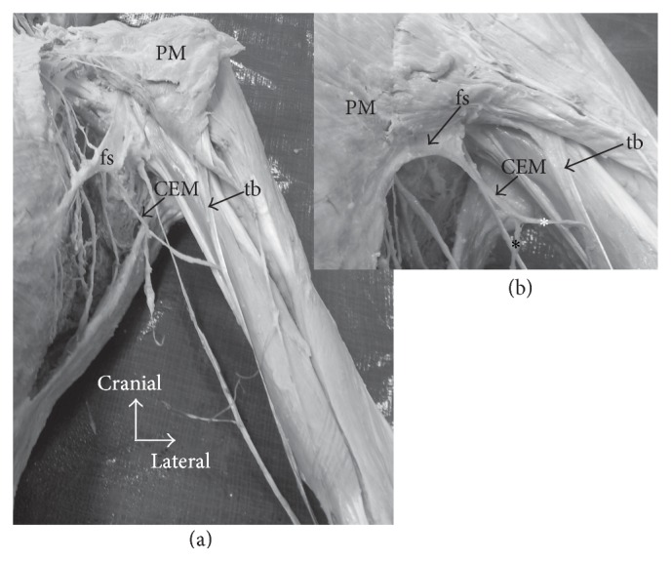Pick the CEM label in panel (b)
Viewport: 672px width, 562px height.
pos(523,167)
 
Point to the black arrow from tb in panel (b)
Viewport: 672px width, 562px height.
pos(595,154)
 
